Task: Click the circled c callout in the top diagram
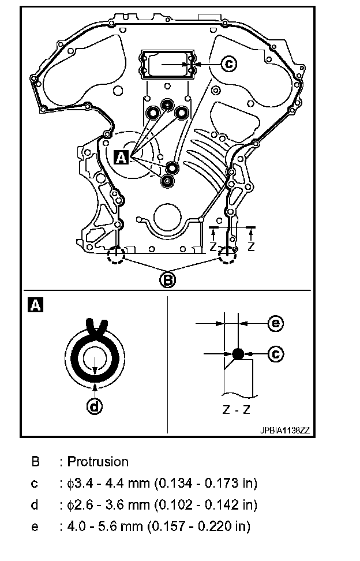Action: (x=229, y=65)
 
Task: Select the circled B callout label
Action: (x=167, y=280)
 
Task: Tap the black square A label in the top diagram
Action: (x=121, y=156)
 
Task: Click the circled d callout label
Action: (x=94, y=407)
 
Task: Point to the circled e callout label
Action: (x=276, y=324)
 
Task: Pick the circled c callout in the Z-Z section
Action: (x=276, y=353)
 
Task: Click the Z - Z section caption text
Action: (x=237, y=411)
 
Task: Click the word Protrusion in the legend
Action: (x=98, y=462)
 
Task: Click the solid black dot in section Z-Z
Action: (x=238, y=353)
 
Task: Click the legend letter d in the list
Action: (x=35, y=505)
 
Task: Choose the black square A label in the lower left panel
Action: (x=35, y=305)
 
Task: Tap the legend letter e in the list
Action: (x=35, y=527)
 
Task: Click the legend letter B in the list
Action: (x=35, y=462)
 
